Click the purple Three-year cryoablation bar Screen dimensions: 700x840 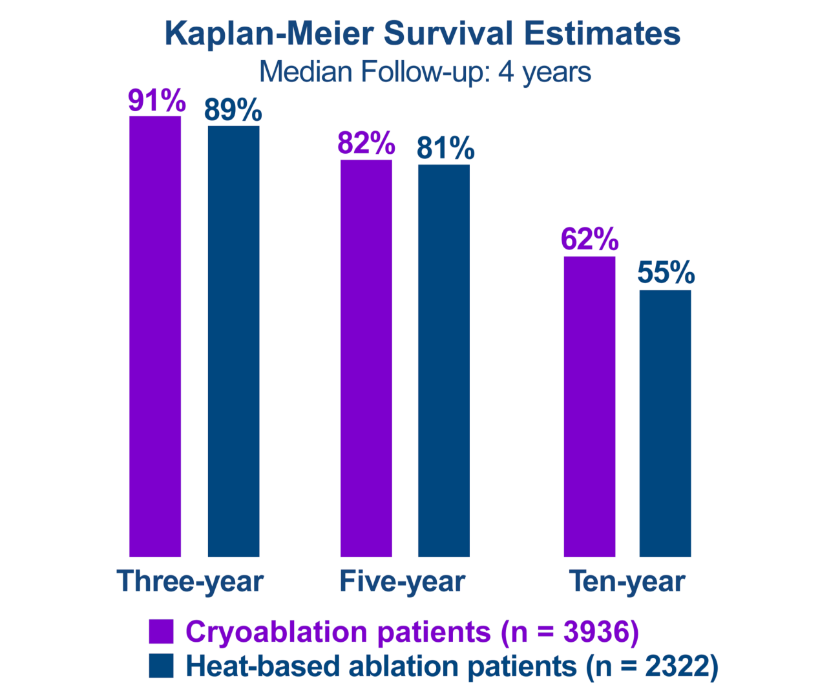coord(155,336)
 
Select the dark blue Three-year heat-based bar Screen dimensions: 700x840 coord(233,341)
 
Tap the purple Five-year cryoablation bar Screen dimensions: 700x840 coord(366,358)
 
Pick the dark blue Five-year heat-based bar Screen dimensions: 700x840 coord(443,360)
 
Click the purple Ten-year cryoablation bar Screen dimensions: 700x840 coord(589,407)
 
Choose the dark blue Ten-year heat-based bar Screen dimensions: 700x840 coord(665,423)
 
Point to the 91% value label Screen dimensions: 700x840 coord(156,100)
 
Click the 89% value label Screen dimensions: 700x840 coord(233,110)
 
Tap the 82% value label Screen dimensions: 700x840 coord(366,143)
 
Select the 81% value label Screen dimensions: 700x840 coord(445,148)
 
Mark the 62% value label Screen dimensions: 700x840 coord(589,239)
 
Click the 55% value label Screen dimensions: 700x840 coord(666,272)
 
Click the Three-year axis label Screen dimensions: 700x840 coord(190,581)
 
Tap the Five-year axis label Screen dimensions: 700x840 coord(402,581)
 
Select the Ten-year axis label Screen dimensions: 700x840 coord(627,581)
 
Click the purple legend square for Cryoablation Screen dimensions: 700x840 coord(161,631)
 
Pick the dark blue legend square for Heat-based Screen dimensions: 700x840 coord(161,666)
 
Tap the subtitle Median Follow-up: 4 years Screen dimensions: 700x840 coord(425,72)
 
